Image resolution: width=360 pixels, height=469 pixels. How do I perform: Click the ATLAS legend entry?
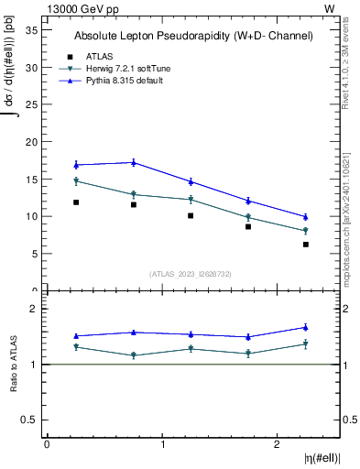tap(101, 56)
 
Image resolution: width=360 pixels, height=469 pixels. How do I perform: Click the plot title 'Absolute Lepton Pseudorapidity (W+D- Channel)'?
tap(193, 36)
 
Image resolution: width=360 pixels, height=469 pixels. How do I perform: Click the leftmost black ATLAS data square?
tap(76, 202)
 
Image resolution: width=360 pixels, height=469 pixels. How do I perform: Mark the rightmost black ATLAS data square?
tap(306, 245)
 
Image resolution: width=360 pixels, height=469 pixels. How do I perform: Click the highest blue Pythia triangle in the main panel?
tap(134, 162)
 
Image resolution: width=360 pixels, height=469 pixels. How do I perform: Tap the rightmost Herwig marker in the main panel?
tap(306, 231)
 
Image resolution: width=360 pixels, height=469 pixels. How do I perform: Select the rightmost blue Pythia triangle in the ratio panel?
tap(306, 327)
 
